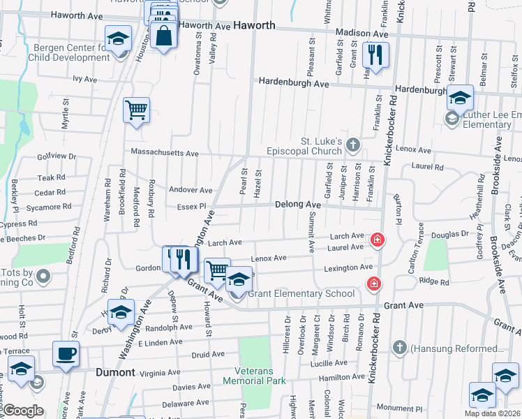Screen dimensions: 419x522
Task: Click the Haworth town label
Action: coord(253,25)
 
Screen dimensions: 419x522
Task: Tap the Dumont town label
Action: coord(115,372)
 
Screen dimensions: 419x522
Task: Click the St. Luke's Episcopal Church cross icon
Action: coord(354,145)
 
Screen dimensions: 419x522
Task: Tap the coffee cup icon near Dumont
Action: coord(66,353)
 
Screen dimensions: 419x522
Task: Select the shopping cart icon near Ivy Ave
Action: coord(136,109)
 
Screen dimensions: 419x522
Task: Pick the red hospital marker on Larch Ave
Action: coord(378,240)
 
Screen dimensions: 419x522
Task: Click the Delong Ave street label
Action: coord(297,204)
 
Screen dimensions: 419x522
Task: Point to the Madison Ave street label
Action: coord(361,34)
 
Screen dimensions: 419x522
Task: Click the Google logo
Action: coord(23,411)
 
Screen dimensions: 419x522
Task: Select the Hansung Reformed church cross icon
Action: coord(400,347)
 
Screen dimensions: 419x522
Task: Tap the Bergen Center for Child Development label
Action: coord(72,52)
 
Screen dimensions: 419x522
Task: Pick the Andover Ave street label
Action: coord(191,190)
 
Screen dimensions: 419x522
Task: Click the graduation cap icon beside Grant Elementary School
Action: coord(239,280)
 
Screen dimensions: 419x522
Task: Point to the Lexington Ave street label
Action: coord(348,267)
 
